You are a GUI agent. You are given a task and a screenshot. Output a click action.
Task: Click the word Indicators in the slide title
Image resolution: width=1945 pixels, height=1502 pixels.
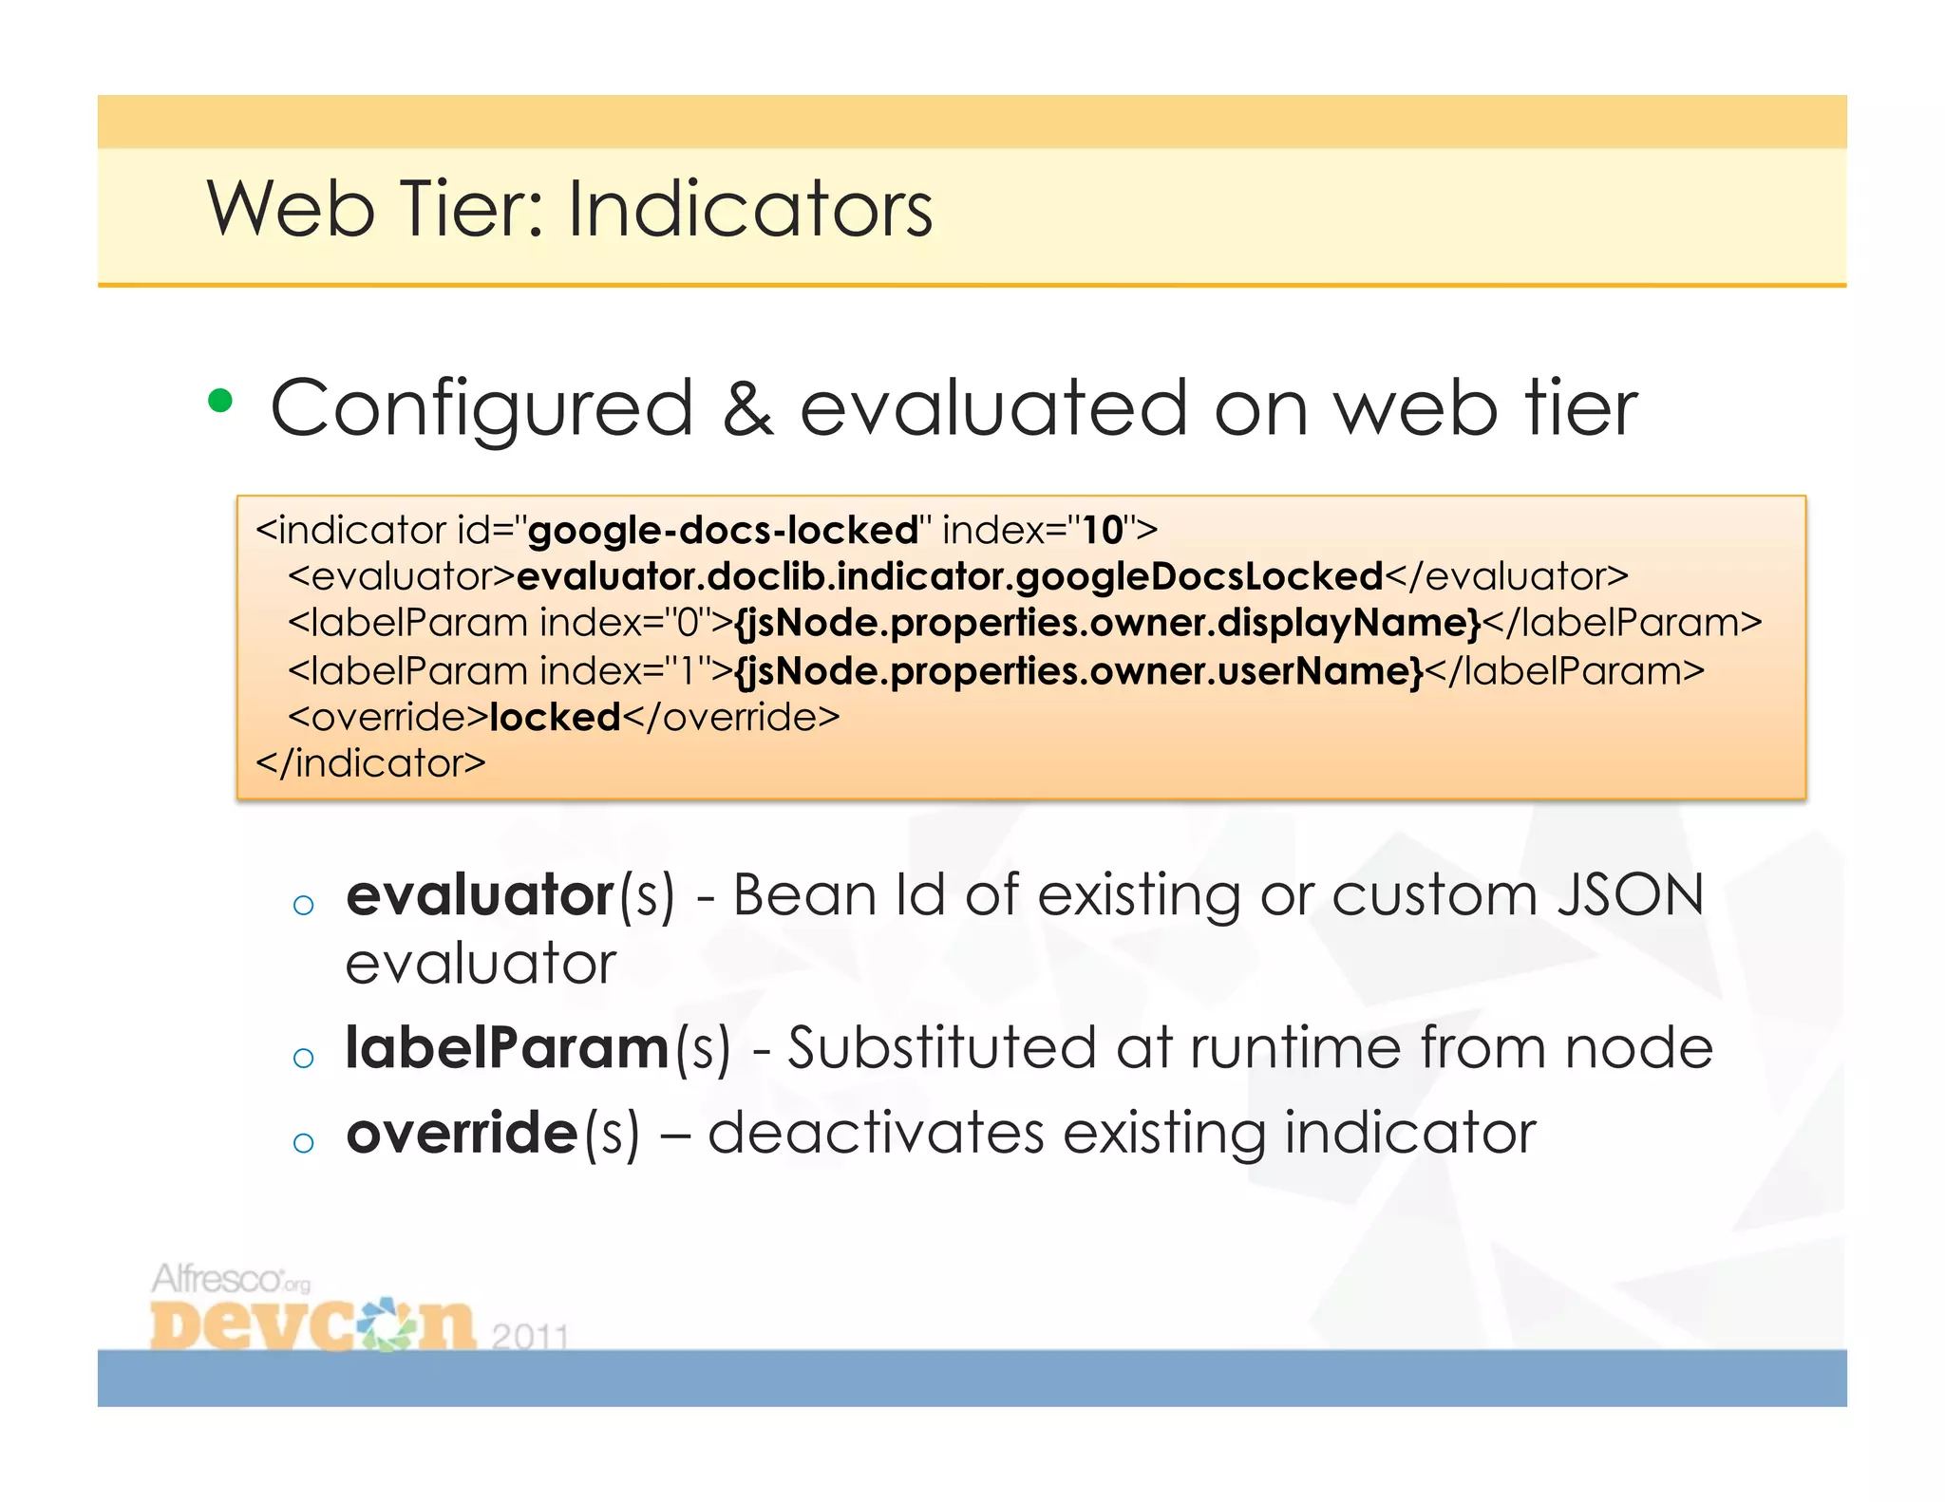(x=750, y=209)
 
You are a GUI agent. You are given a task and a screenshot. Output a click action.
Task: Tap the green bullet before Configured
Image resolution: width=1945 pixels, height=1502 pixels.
(x=220, y=402)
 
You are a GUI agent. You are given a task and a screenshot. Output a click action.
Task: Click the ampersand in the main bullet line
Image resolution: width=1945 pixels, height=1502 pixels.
(x=747, y=408)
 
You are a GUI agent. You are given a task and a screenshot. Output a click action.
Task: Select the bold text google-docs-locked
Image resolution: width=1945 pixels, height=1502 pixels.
(x=723, y=530)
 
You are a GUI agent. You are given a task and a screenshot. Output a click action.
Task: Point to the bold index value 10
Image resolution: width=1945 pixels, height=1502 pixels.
(x=1103, y=530)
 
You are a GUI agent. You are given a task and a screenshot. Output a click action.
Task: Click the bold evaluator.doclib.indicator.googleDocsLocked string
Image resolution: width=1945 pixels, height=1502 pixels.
(x=950, y=576)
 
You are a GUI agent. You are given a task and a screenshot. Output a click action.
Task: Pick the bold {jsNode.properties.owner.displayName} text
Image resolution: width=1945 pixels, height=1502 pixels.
(x=1107, y=623)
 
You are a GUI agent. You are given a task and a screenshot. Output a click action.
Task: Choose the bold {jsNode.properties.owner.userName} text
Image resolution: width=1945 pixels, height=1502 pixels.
(x=1079, y=670)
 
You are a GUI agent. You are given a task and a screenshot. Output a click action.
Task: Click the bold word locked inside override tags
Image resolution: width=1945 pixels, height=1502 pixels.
(x=555, y=717)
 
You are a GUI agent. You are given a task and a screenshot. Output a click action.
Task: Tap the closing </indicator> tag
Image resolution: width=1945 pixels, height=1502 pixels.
(x=370, y=763)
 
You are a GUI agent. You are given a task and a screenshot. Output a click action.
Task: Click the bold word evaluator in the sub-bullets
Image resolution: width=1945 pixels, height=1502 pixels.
(x=480, y=895)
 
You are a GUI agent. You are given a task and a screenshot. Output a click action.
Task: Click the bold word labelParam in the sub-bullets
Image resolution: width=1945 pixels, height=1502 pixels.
(x=507, y=1048)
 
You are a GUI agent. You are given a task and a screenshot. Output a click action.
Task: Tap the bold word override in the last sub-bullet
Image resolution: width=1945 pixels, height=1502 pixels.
(x=462, y=1133)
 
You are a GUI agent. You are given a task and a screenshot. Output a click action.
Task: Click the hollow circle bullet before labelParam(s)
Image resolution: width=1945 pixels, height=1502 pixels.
(x=303, y=1058)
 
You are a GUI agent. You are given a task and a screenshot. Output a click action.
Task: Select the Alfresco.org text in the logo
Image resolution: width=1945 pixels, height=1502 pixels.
(x=231, y=1279)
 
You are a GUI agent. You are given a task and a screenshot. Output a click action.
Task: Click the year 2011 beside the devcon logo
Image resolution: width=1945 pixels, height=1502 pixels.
(x=530, y=1336)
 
